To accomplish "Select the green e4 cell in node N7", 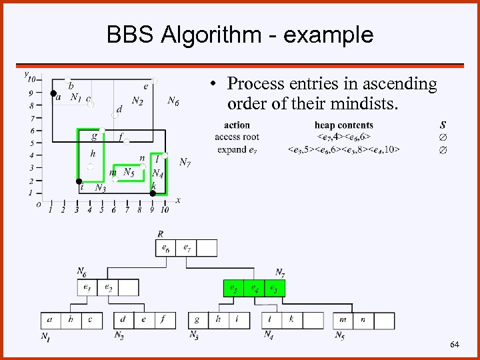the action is pyautogui.click(x=253, y=288).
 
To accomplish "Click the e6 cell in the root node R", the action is pyautogui.click(x=166, y=248).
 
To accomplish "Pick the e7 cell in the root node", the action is pyautogui.click(x=187, y=248).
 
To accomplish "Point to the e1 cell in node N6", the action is pyautogui.click(x=87, y=288).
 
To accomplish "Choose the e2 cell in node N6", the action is pyautogui.click(x=108, y=288).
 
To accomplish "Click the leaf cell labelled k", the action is pyautogui.click(x=291, y=320).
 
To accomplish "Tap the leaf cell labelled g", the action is pyautogui.click(x=197, y=320).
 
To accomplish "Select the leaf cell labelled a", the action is pyautogui.click(x=51, y=320).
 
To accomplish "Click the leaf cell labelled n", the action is pyautogui.click(x=363, y=320).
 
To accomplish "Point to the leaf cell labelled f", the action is pyautogui.click(x=163, y=320).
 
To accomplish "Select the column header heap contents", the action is pyautogui.click(x=344, y=125).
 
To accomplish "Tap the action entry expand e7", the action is pyautogui.click(x=237, y=149).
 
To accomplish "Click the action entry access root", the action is pyautogui.click(x=237, y=137).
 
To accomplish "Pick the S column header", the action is pyautogui.click(x=443, y=125).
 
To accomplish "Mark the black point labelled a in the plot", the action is pyautogui.click(x=53, y=93).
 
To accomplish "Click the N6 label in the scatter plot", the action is pyautogui.click(x=173, y=101).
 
